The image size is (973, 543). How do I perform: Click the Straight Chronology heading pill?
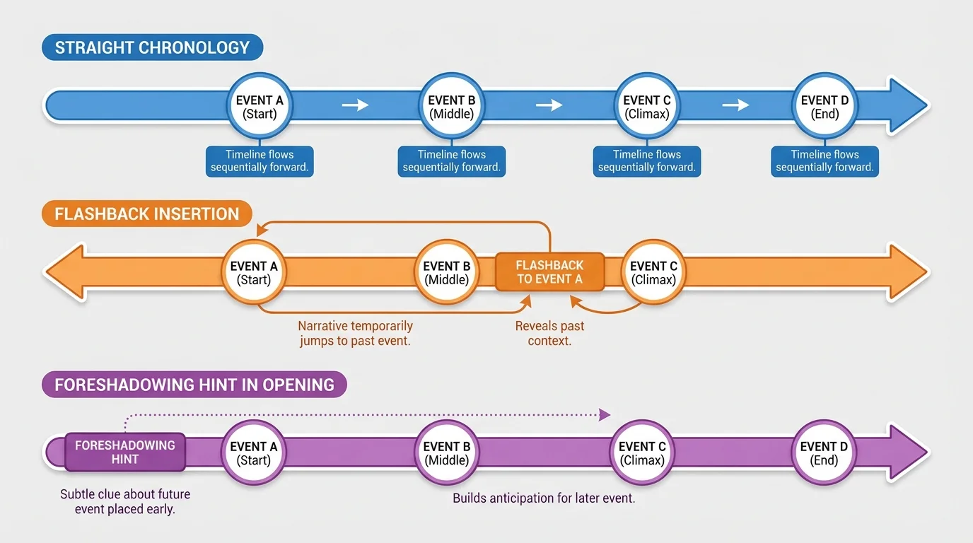[152, 48]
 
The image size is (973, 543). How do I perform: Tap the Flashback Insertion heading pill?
[147, 214]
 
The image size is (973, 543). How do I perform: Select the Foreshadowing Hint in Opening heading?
[194, 385]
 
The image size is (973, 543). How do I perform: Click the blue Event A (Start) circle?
[260, 106]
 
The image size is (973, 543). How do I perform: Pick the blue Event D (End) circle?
[825, 106]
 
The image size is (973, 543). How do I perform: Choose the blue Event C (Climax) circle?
[647, 106]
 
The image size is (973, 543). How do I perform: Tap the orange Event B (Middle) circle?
[446, 272]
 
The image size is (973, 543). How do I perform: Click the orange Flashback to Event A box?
[549, 272]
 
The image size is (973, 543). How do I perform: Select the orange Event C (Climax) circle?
[653, 272]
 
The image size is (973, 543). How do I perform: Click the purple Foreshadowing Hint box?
[125, 452]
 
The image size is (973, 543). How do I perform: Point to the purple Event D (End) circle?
[823, 452]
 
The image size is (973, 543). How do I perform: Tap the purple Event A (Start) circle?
[254, 452]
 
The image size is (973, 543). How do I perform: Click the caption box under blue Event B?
[452, 161]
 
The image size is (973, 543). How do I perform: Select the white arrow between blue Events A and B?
[356, 105]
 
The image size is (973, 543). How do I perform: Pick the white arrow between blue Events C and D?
[735, 105]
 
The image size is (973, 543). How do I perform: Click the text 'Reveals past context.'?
[549, 334]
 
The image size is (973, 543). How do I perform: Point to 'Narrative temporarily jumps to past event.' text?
[355, 334]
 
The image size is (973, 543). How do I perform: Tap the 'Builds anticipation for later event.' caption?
[543, 498]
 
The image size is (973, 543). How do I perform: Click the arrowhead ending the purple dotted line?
[605, 415]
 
